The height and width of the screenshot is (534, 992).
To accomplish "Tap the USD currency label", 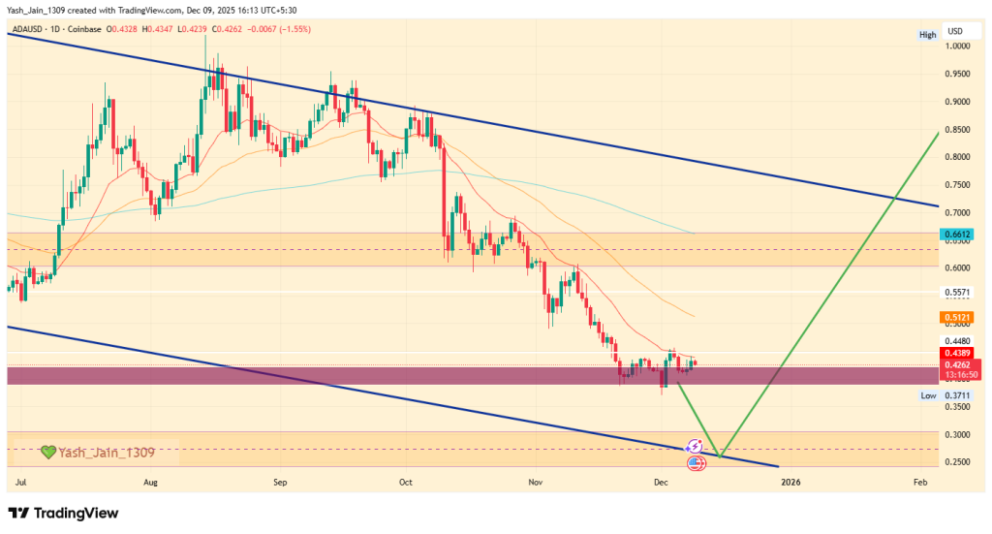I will [956, 31].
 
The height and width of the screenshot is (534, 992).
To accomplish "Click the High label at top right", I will [927, 35].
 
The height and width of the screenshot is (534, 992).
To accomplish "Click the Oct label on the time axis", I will [406, 481].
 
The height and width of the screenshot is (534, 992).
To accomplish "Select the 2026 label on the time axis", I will [790, 481].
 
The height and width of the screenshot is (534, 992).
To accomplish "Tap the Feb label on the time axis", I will [919, 481].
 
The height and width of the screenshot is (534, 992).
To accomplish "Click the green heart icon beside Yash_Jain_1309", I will [47, 452].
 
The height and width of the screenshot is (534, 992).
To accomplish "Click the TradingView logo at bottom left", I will [64, 513].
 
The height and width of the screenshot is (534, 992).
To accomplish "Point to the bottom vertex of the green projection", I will [721, 456].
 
